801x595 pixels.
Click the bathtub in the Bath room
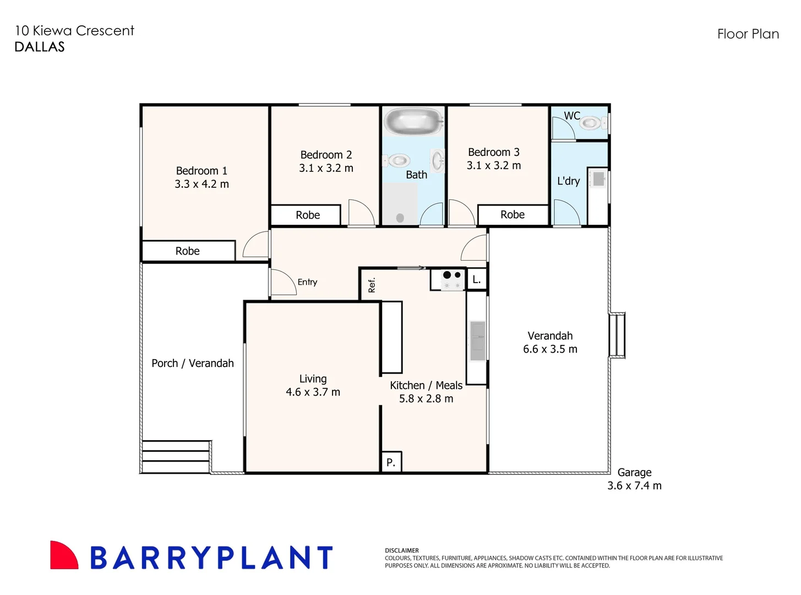click(x=413, y=121)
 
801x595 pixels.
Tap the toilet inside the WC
click(x=590, y=123)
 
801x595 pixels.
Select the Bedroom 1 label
click(x=201, y=171)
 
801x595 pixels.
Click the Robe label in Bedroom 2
click(x=308, y=215)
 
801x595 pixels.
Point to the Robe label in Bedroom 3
click(x=513, y=214)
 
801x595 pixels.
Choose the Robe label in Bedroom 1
click(x=187, y=251)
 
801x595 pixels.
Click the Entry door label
click(x=307, y=282)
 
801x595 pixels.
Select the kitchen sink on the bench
click(x=477, y=341)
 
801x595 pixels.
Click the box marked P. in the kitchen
click(x=391, y=462)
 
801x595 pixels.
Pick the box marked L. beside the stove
click(x=477, y=279)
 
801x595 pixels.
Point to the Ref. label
click(x=372, y=285)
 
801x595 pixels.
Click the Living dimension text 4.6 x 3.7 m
click(x=313, y=392)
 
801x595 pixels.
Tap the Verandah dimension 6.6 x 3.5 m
click(x=550, y=349)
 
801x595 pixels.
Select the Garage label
click(x=634, y=472)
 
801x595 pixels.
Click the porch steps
click(x=176, y=457)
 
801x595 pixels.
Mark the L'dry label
click(x=568, y=181)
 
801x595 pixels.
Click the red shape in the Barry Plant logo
click(x=62, y=556)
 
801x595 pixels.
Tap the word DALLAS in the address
click(x=40, y=47)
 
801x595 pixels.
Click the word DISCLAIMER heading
click(x=402, y=550)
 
